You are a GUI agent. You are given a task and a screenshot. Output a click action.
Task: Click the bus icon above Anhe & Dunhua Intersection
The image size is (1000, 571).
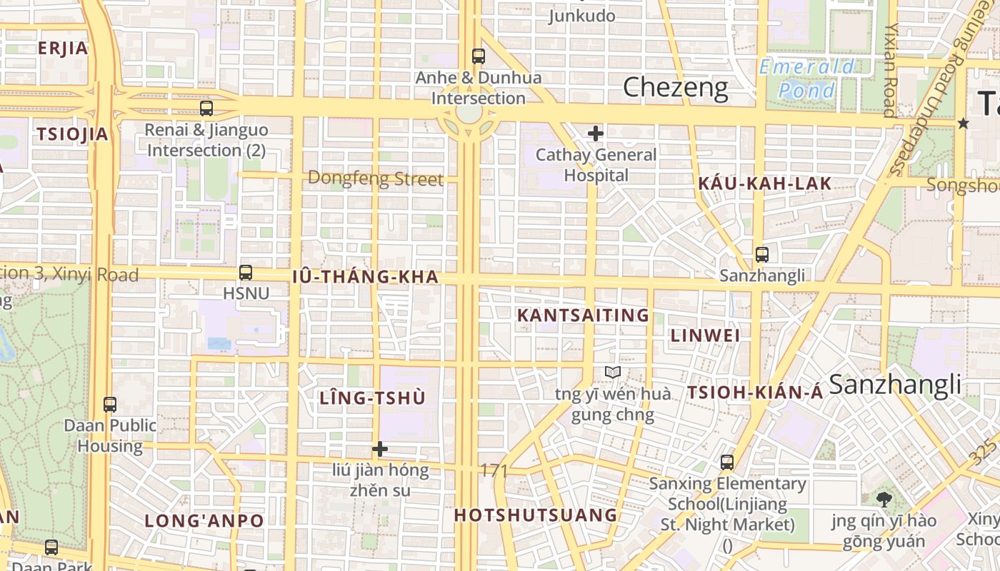tap(479, 56)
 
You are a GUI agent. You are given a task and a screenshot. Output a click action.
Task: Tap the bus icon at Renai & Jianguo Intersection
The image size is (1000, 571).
tap(206, 108)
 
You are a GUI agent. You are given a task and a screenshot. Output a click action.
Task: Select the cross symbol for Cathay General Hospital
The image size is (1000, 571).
tap(595, 133)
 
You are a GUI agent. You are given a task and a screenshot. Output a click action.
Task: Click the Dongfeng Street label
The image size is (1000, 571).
tap(375, 178)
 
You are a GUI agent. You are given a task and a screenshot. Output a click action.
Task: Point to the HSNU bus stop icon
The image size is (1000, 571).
tap(246, 273)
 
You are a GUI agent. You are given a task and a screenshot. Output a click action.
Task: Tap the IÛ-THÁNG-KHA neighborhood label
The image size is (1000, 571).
tap(365, 277)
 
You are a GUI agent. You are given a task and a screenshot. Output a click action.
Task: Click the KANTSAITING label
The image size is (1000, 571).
tap(583, 315)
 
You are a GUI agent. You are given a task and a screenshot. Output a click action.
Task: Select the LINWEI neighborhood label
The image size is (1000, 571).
tap(705, 335)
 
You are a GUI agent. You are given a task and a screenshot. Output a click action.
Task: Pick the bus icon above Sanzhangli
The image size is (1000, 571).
tap(762, 255)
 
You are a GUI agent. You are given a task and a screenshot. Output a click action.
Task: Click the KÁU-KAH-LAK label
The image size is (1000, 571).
tap(765, 183)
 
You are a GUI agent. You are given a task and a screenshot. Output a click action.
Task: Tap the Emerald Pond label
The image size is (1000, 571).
tap(807, 79)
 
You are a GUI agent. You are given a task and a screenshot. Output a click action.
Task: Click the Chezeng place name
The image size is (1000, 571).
tap(676, 88)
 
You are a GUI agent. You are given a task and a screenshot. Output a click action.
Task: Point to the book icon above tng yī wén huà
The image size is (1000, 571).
tap(612, 372)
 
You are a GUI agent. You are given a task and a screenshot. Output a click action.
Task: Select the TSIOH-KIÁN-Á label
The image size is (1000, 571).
tap(755, 392)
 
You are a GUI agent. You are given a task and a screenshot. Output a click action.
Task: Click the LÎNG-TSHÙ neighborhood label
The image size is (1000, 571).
tap(372, 398)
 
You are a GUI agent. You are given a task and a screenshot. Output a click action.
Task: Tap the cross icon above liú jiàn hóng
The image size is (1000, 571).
tap(380, 449)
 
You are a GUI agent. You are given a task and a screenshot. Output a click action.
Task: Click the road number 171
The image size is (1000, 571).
tap(494, 471)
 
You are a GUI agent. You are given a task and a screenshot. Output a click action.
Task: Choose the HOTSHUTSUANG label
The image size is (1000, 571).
tap(536, 515)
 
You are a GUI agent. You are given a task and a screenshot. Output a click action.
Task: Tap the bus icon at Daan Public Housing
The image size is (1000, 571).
tap(110, 405)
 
